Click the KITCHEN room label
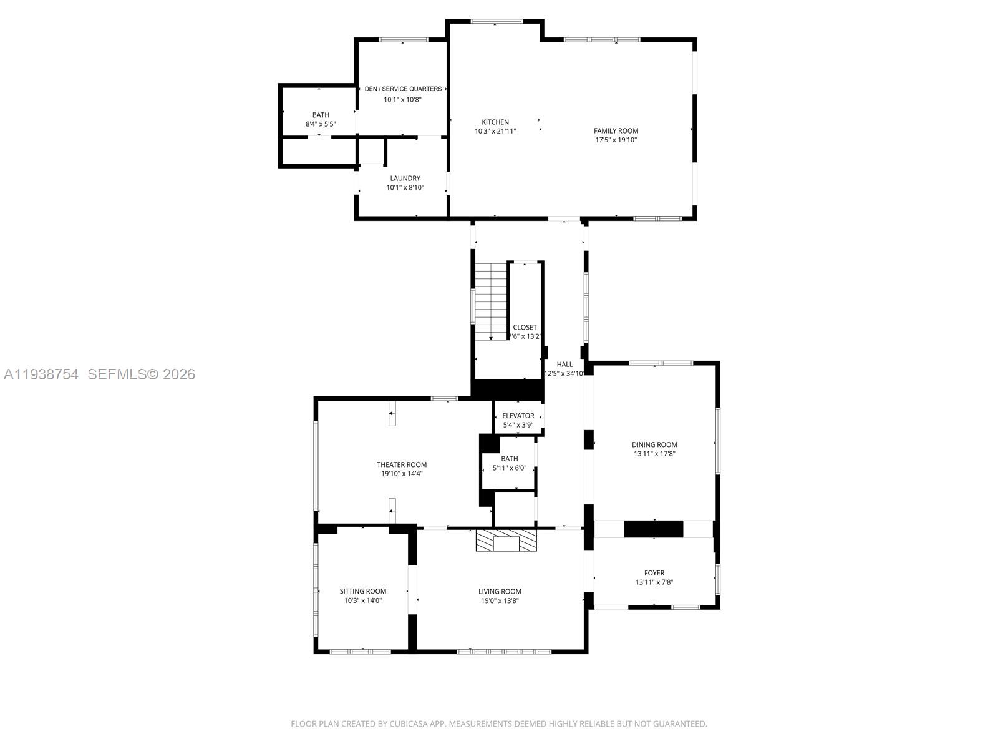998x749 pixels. click(x=495, y=122)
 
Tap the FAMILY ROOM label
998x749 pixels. click(x=616, y=131)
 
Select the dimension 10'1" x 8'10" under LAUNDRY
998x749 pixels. click(x=405, y=187)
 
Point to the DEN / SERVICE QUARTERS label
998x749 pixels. click(x=403, y=89)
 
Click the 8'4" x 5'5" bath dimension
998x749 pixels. click(x=321, y=124)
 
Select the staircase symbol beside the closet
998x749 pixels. click(x=492, y=301)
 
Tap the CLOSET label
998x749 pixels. click(x=525, y=327)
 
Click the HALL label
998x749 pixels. click(x=564, y=365)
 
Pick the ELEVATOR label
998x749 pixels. click(x=518, y=416)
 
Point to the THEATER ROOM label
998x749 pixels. click(x=402, y=464)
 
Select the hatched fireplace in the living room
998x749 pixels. click(x=506, y=541)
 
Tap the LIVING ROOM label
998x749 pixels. click(x=500, y=592)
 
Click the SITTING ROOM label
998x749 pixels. click(x=362, y=591)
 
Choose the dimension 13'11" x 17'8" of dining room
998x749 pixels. click(x=654, y=454)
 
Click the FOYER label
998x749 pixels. click(x=654, y=573)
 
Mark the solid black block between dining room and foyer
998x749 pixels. click(x=654, y=529)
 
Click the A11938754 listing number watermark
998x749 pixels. click(x=41, y=374)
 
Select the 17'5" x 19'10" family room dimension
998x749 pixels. click(x=616, y=140)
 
